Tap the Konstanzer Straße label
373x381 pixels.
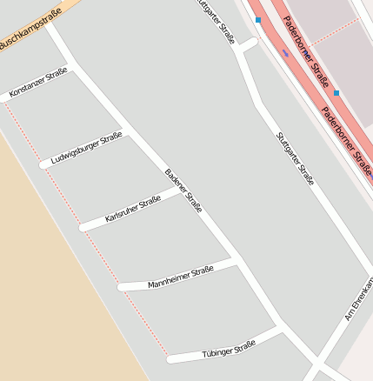coord(38,83)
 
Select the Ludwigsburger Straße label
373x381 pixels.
coord(86,148)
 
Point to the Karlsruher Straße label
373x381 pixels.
coord(133,209)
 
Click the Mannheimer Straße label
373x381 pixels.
coord(181,277)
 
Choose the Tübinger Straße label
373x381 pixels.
coord(229,348)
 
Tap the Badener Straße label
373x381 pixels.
coord(183,190)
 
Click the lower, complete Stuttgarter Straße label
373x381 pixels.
coord(295,158)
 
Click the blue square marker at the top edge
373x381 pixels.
coord(257,19)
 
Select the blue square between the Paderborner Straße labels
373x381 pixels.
coord(336,91)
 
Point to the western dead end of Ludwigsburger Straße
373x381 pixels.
coord(43,164)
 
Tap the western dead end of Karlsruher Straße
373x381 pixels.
coord(83,228)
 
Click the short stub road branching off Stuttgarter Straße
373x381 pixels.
coord(249,43)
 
